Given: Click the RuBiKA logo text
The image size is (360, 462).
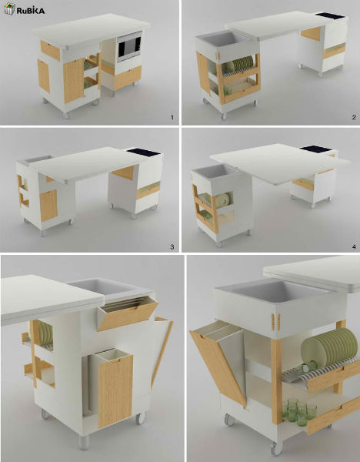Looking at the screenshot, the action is pyautogui.click(x=30, y=11).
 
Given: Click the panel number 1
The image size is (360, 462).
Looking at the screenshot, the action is pyautogui.click(x=172, y=118).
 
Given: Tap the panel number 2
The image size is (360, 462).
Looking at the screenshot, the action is pyautogui.click(x=354, y=117).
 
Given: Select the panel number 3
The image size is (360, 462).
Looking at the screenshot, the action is pyautogui.click(x=172, y=247).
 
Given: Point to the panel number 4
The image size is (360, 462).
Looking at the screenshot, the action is pyautogui.click(x=354, y=247).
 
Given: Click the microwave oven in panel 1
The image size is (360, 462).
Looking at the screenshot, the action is pyautogui.click(x=129, y=46).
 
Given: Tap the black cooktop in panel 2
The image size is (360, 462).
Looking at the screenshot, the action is pyautogui.click(x=330, y=15).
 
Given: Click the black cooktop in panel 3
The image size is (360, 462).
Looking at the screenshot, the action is pyautogui.click(x=144, y=152).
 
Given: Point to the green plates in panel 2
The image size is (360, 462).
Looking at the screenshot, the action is pyautogui.click(x=240, y=65).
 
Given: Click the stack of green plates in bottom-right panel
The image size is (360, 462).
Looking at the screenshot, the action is pyautogui.click(x=329, y=347).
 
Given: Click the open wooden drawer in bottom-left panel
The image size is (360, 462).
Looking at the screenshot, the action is pyautogui.click(x=128, y=313).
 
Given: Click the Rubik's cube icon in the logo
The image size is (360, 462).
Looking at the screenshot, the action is pyautogui.click(x=9, y=8).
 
